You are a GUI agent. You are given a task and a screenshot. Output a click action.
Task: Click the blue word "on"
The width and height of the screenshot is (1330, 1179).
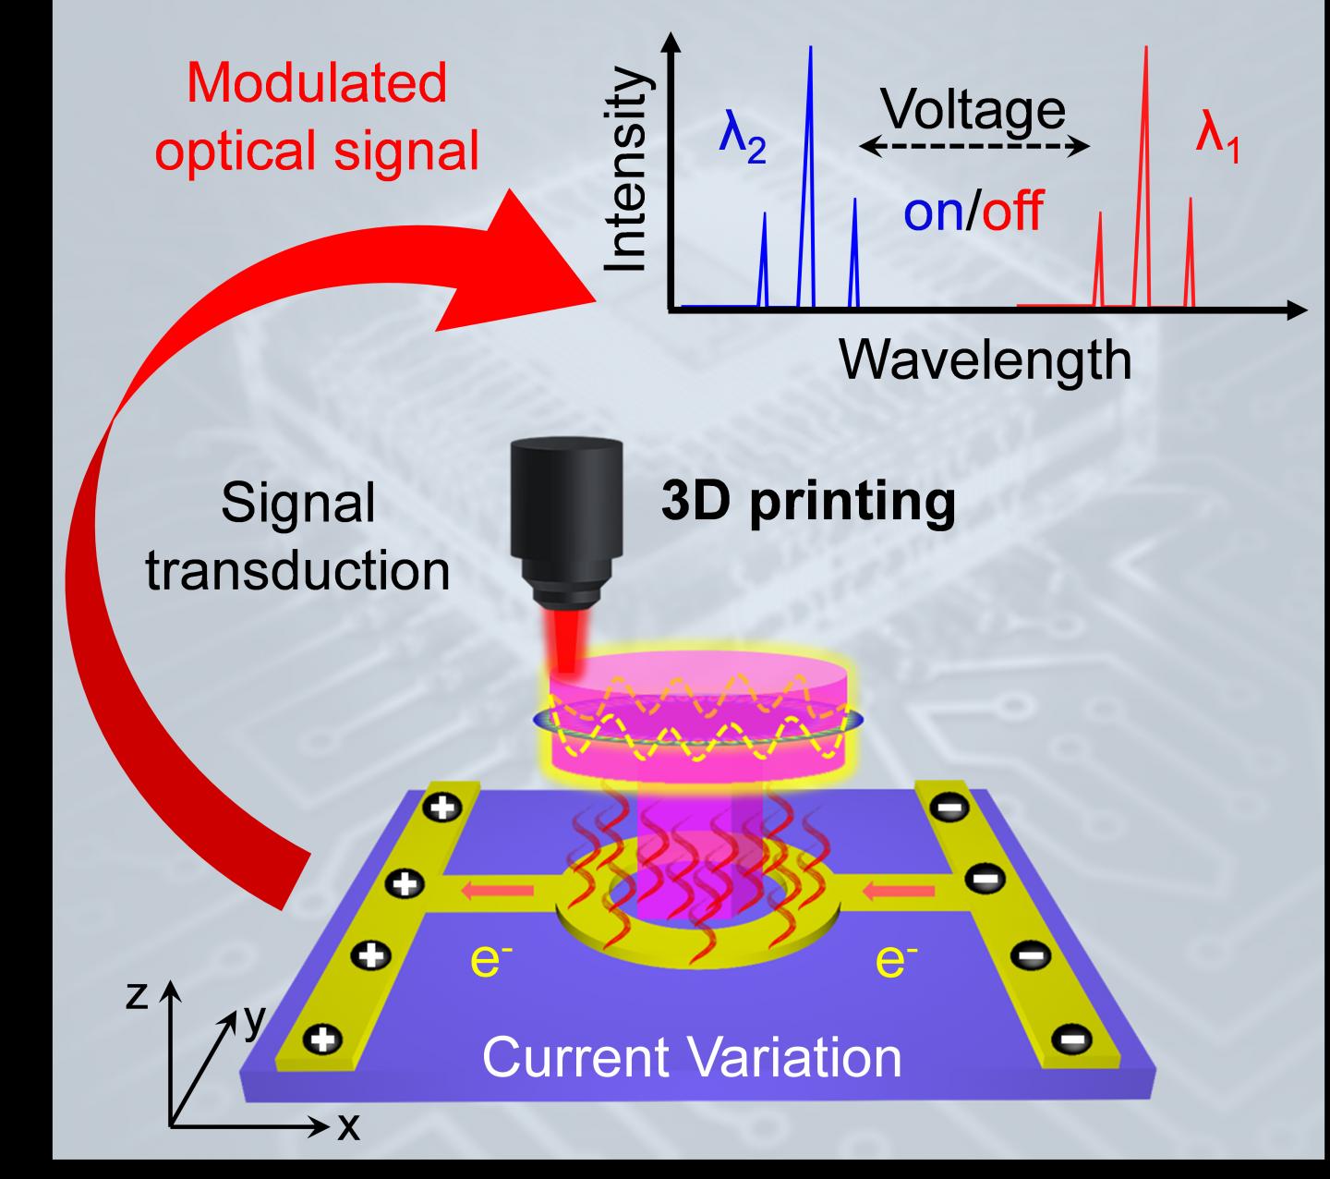coord(933,212)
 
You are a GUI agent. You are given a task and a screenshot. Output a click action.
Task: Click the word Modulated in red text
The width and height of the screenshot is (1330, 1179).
coord(316,83)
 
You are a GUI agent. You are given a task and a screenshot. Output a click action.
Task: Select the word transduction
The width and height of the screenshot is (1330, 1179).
coord(298,570)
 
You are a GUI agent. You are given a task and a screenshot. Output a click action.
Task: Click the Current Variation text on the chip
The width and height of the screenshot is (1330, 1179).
coord(692,1056)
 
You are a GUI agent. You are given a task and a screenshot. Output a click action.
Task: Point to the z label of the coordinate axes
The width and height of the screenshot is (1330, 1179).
coord(137,995)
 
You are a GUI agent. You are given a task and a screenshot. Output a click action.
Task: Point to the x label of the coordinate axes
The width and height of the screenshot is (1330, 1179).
coord(346,1126)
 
